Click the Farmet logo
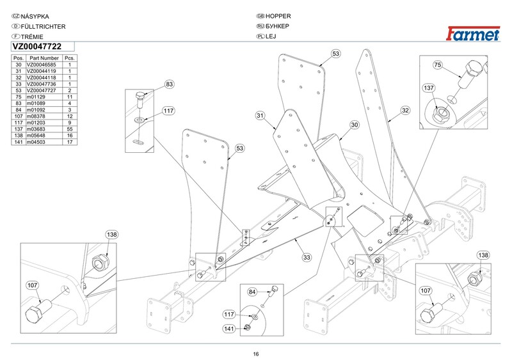click(x=473, y=34)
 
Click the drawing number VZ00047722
click(x=37, y=47)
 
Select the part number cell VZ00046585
click(x=42, y=65)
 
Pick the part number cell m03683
click(x=36, y=129)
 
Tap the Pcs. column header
click(x=70, y=58)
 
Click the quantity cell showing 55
click(x=70, y=129)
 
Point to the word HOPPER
click(x=278, y=16)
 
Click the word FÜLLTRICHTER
click(x=43, y=26)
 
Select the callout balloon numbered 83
click(x=169, y=84)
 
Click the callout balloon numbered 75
click(x=438, y=65)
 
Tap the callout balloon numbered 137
click(x=429, y=88)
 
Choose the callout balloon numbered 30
click(x=355, y=125)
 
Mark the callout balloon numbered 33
click(x=307, y=258)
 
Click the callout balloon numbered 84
click(x=252, y=292)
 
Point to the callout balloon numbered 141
click(x=229, y=329)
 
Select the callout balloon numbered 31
click(x=260, y=116)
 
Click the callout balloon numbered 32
click(x=405, y=111)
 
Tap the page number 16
click(x=255, y=354)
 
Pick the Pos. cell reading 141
click(x=19, y=142)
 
